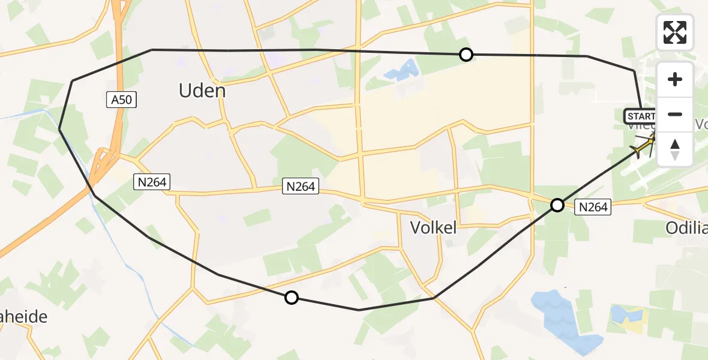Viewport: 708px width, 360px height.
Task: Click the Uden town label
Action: click(x=202, y=91)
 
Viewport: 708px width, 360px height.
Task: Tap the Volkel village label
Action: click(x=433, y=227)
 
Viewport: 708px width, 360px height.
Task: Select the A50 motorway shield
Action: click(x=122, y=101)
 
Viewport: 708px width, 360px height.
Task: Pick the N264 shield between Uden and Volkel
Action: click(x=300, y=187)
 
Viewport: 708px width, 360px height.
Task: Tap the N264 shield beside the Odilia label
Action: click(x=593, y=208)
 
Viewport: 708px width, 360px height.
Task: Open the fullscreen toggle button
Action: click(x=675, y=32)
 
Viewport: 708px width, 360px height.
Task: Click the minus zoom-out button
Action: click(x=675, y=114)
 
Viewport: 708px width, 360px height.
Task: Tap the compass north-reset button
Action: click(x=675, y=149)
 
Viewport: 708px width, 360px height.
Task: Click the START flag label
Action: click(x=640, y=116)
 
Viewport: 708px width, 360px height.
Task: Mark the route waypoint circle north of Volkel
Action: click(x=466, y=55)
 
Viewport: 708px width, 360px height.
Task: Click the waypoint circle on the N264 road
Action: click(x=557, y=205)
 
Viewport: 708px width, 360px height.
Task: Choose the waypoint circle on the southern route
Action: click(x=291, y=297)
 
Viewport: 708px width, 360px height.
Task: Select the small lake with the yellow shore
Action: click(x=628, y=316)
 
